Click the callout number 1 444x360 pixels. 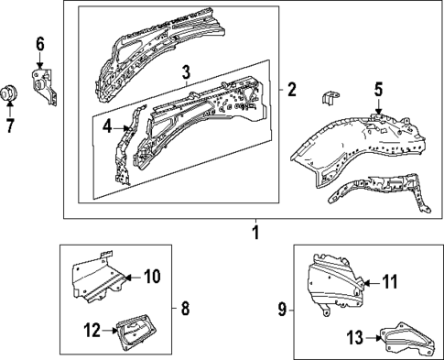coord(255,233)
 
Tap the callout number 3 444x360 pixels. coord(186,71)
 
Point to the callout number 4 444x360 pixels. coord(106,129)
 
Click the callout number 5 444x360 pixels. coord(378,89)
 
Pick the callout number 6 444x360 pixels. coord(39,44)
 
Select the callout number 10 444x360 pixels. coord(152,276)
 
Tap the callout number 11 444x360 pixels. coord(390,282)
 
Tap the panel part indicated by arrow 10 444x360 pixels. coord(96,278)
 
